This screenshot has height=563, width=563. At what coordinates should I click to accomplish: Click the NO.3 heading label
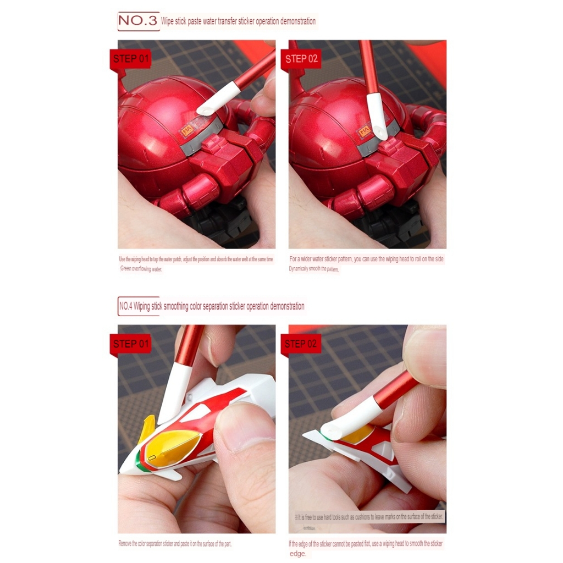pyautogui.click(x=138, y=21)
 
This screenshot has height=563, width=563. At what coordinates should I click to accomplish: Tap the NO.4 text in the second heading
pyautogui.click(x=126, y=306)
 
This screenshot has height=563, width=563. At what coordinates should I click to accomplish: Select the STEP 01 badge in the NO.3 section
pyautogui.click(x=131, y=59)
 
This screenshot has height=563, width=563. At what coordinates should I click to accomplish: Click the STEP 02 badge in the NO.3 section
pyautogui.click(x=301, y=59)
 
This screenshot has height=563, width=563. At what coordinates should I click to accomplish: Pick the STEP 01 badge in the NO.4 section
pyautogui.click(x=131, y=344)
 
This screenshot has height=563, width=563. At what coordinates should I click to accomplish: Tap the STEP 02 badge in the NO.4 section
pyautogui.click(x=301, y=344)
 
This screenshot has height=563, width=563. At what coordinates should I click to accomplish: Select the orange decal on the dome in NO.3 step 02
pyautogui.click(x=364, y=131)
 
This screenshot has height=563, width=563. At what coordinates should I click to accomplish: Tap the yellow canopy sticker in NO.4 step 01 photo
pyautogui.click(x=170, y=447)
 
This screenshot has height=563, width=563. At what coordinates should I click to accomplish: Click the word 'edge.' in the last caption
pyautogui.click(x=298, y=554)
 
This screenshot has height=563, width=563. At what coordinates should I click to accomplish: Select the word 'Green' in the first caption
pyautogui.click(x=126, y=269)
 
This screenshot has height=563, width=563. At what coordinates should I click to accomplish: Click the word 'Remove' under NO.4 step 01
pyautogui.click(x=126, y=544)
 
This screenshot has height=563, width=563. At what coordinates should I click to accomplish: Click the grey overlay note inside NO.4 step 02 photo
pyautogui.click(x=368, y=517)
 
